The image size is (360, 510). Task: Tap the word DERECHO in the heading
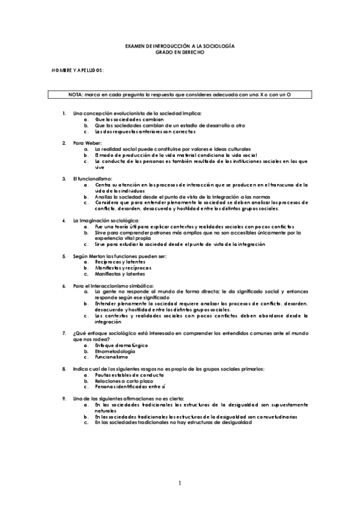pos(192,52)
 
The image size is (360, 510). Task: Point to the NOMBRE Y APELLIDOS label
pos(78,70)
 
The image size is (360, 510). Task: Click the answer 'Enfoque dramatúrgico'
pos(121,345)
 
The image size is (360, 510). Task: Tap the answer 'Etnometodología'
pos(117,351)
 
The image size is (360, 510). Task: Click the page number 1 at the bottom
pos(180,483)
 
